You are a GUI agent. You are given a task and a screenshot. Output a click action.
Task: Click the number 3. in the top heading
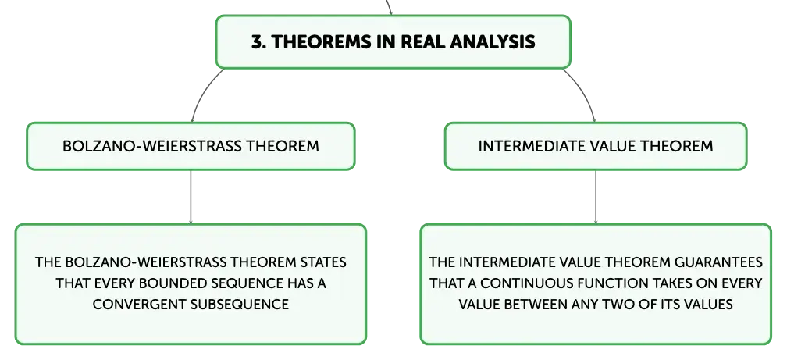(x=258, y=41)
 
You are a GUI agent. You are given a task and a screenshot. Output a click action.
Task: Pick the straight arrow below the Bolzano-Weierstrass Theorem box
(x=191, y=197)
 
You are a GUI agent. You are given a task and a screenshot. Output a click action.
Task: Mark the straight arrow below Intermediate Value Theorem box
(x=596, y=197)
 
